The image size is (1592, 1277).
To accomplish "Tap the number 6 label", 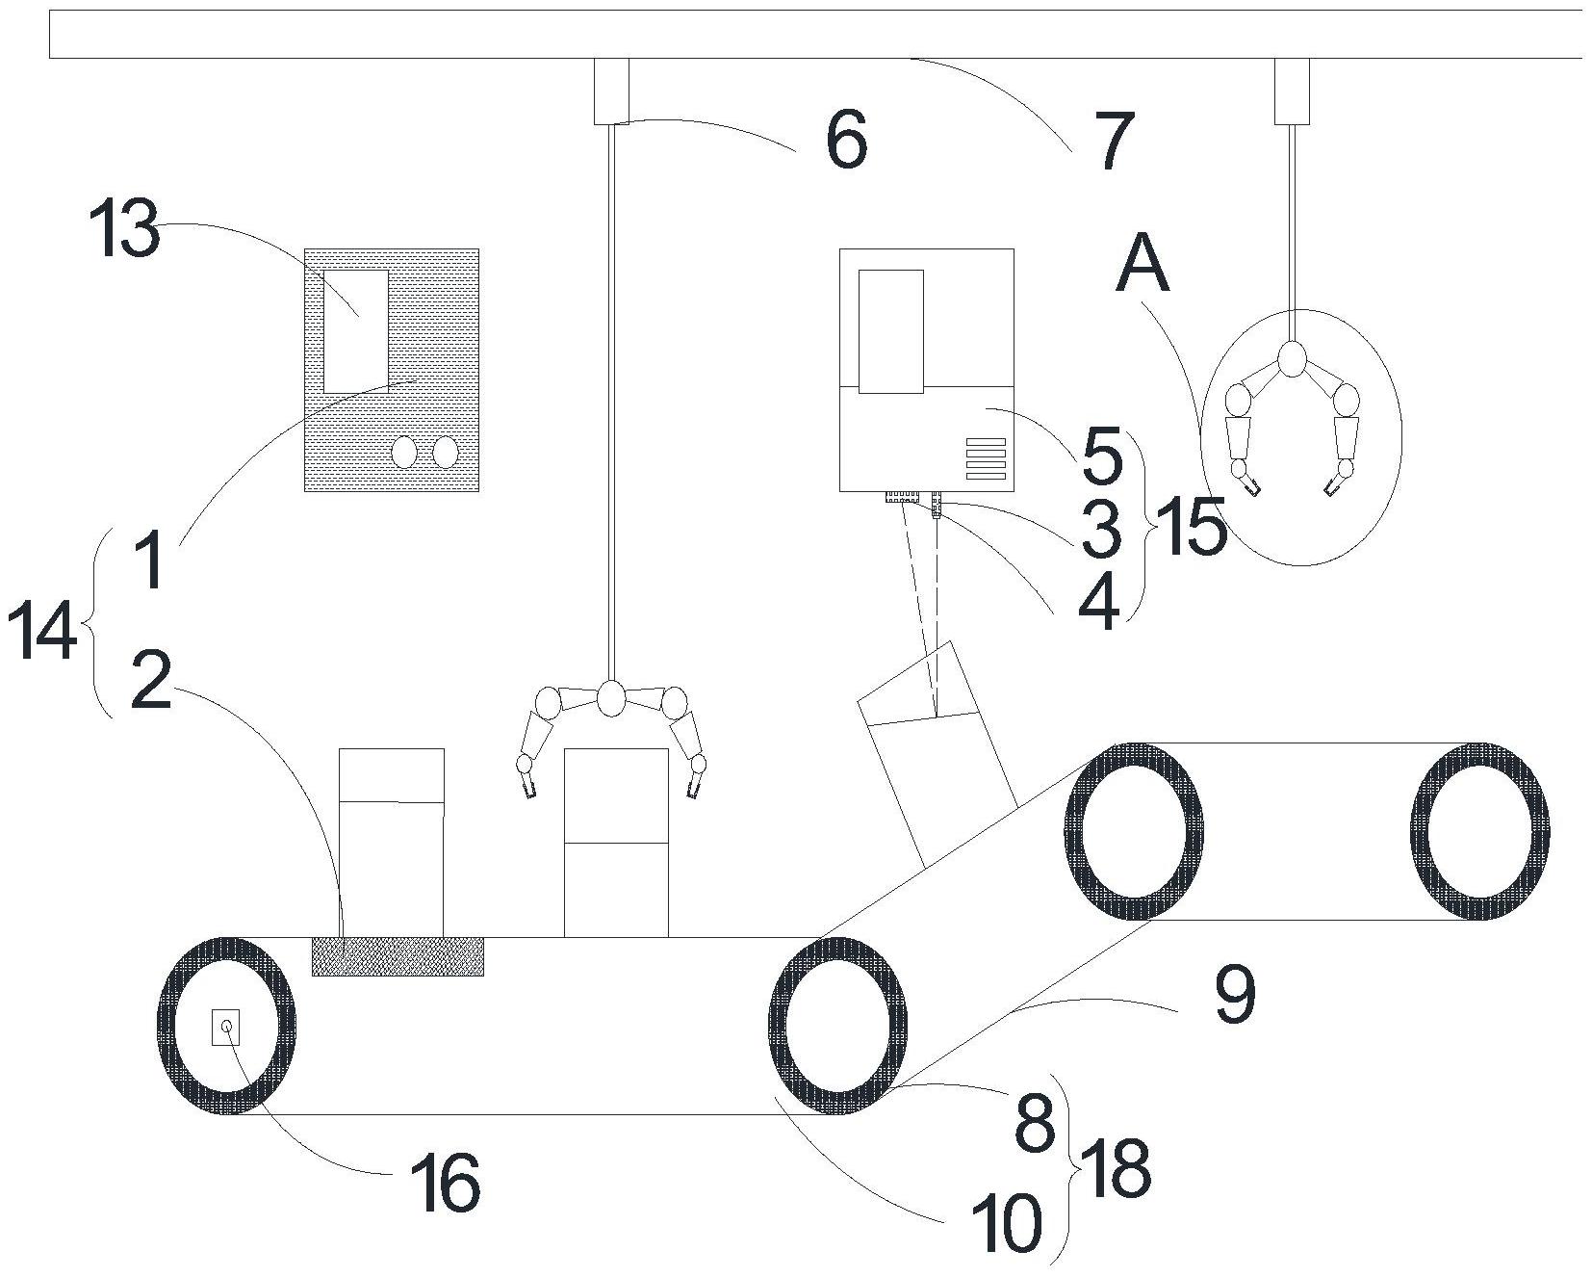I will click(x=846, y=141).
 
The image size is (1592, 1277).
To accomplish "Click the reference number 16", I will click(x=445, y=1184).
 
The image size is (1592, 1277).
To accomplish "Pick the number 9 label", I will click(x=1234, y=995).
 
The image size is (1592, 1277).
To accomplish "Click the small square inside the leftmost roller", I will click(x=226, y=1027).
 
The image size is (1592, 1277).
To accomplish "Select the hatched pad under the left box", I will click(x=398, y=955).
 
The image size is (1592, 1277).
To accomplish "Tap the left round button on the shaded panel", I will click(x=404, y=452).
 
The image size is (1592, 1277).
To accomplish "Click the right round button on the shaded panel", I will click(x=445, y=452).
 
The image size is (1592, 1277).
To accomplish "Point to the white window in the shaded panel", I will click(x=356, y=331).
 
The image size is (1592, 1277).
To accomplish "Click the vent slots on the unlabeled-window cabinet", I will click(x=986, y=458).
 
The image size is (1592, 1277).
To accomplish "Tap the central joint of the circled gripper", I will click(x=1292, y=360).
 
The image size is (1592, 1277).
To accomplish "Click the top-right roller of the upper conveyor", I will click(x=1479, y=831).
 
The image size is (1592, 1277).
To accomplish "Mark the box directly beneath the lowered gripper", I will click(x=616, y=842).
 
